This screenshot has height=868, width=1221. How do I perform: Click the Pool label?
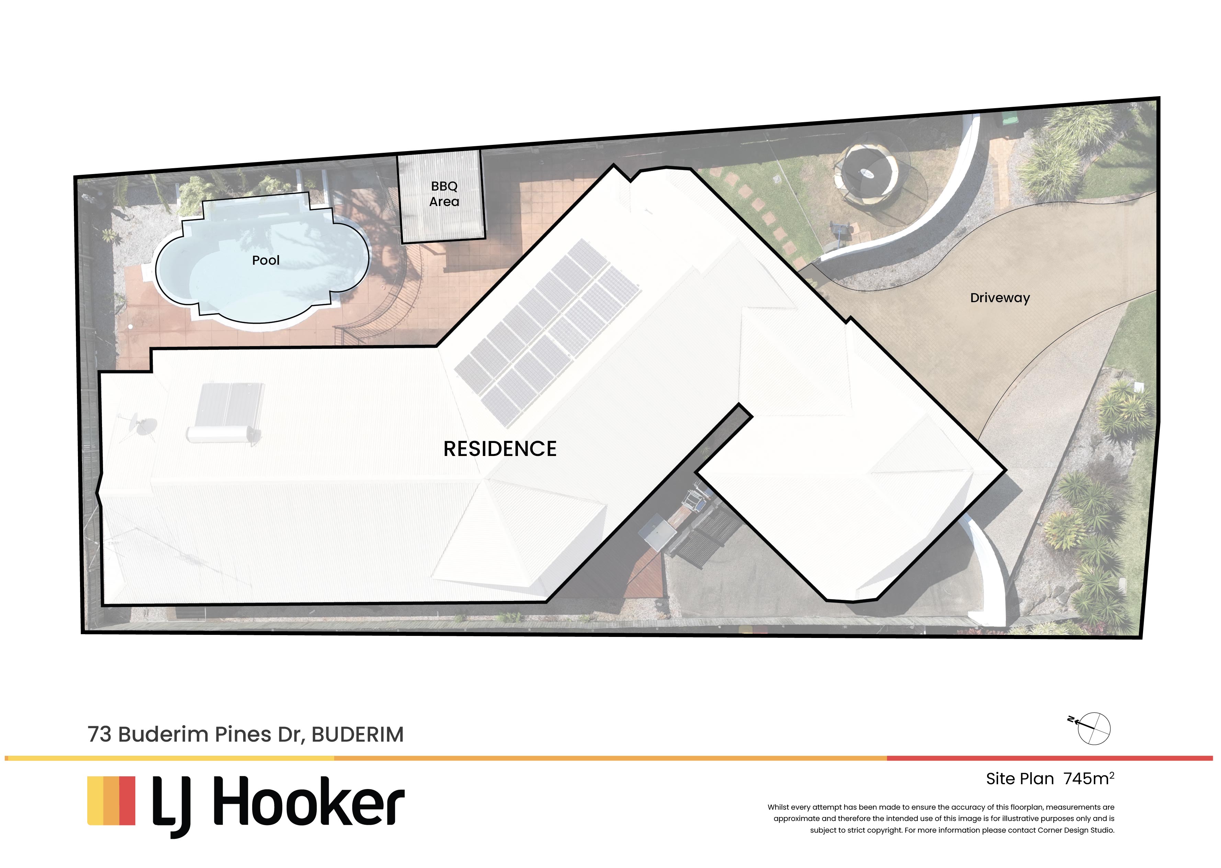266,260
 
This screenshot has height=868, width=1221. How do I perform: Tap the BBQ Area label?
444,194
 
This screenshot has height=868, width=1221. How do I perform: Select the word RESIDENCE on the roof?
500,449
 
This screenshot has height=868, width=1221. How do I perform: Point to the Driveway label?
1000,298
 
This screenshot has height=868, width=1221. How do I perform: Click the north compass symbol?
1090,728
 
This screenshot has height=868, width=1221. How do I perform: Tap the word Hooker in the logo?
309,801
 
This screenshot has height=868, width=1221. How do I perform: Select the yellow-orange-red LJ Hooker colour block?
111,801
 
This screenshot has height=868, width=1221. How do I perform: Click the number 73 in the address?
100,734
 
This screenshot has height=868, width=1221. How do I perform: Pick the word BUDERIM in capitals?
358,734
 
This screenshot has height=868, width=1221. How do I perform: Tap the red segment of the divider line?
1049,758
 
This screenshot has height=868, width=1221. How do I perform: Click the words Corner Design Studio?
1076,830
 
